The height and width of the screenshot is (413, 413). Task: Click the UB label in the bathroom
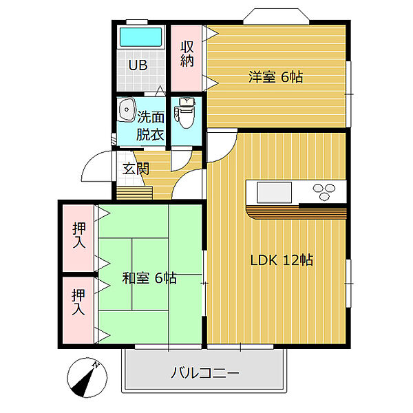[139, 67]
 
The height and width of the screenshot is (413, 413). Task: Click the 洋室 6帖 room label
[275, 77]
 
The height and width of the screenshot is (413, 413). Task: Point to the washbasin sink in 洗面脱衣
[127, 110]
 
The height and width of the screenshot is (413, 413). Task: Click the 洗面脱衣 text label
[150, 126]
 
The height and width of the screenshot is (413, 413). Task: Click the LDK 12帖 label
[282, 260]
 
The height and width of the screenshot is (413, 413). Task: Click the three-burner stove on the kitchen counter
[328, 189]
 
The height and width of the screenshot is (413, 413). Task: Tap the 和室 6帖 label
[149, 278]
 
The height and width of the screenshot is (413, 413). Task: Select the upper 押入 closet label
[79, 236]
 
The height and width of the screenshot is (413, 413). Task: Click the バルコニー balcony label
[204, 374]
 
